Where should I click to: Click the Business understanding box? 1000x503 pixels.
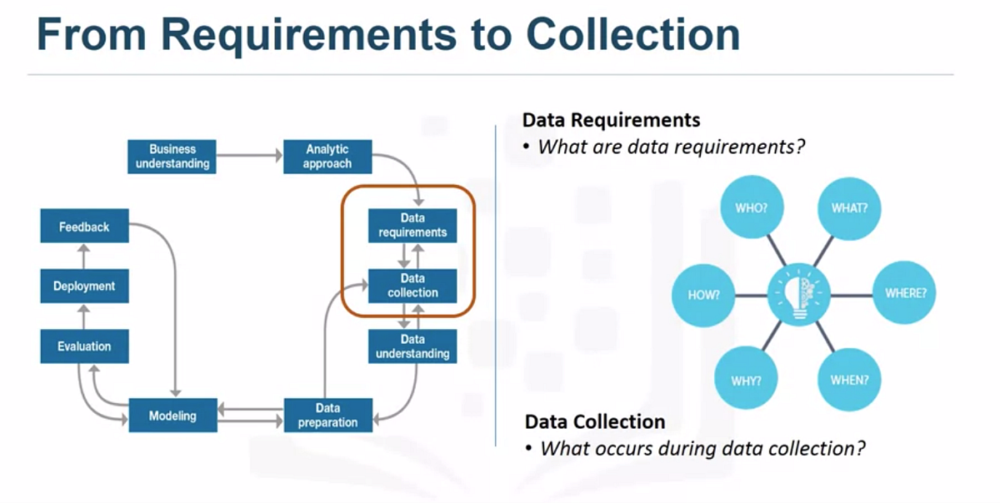click(x=172, y=156)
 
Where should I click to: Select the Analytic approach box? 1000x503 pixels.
click(x=327, y=156)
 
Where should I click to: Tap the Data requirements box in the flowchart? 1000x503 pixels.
click(x=412, y=225)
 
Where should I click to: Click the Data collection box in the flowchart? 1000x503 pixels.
click(x=412, y=286)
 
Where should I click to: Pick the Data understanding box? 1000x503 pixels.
click(x=412, y=346)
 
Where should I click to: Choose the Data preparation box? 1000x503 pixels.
click(x=327, y=415)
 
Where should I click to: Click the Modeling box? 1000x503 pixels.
click(x=172, y=416)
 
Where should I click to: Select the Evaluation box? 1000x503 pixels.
click(x=84, y=346)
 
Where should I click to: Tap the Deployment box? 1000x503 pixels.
click(x=84, y=286)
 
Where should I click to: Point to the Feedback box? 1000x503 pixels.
click(x=84, y=226)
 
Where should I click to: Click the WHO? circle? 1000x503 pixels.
click(x=751, y=207)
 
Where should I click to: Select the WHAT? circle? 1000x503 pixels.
click(x=849, y=207)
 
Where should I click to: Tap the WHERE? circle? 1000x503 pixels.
click(x=904, y=293)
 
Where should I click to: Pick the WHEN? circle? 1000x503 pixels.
click(x=849, y=380)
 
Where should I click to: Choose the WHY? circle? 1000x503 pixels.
click(x=747, y=380)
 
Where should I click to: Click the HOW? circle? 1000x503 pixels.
click(x=704, y=295)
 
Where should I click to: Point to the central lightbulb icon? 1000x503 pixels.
click(x=799, y=294)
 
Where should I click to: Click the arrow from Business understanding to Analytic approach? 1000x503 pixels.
click(x=248, y=156)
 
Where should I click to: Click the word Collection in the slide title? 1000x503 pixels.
click(x=632, y=35)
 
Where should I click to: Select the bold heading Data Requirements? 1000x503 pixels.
click(x=611, y=120)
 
